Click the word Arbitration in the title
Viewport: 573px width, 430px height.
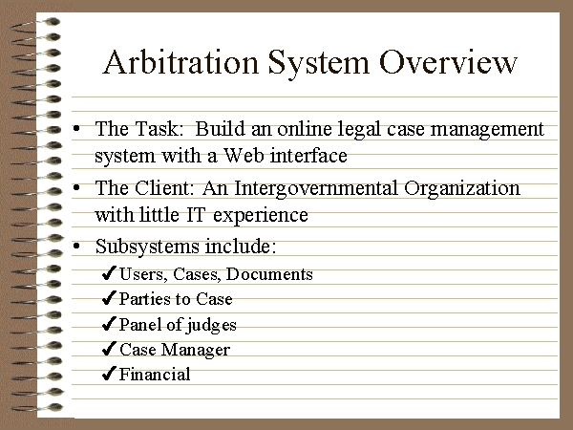[181, 62]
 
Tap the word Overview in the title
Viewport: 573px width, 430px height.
[449, 62]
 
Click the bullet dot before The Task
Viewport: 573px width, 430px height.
[76, 128]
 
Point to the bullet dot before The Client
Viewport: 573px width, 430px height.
[76, 188]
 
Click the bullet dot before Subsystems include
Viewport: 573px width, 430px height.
[76, 246]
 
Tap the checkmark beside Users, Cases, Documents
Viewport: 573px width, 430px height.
[109, 273]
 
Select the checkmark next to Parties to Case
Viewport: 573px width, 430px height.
[109, 298]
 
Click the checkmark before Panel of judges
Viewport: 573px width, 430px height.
[109, 324]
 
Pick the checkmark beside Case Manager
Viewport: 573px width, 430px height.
[109, 349]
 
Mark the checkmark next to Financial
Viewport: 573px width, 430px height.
[109, 374]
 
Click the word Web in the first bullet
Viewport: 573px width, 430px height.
[244, 155]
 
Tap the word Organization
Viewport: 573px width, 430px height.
[462, 189]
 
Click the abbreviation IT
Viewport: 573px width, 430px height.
[196, 215]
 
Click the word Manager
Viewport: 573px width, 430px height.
[196, 351]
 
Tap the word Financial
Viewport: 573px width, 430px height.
[155, 374]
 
